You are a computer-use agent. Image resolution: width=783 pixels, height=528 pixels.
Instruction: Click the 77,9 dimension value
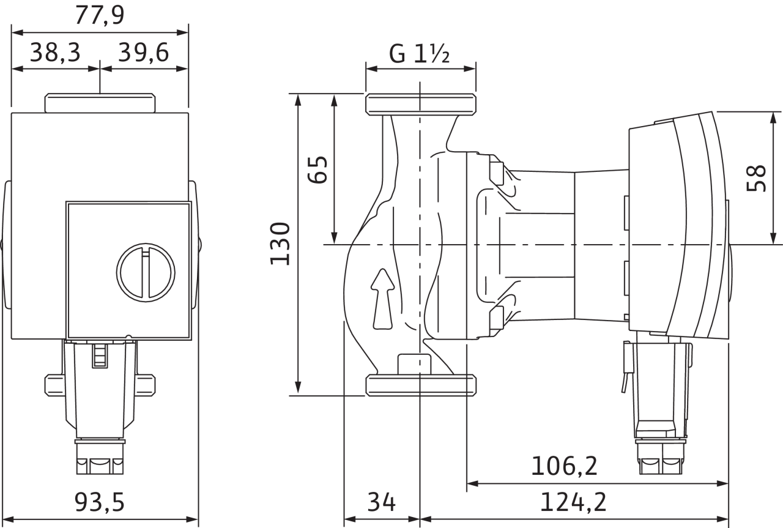click(100, 16)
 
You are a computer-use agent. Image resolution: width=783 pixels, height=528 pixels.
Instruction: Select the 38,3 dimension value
click(55, 53)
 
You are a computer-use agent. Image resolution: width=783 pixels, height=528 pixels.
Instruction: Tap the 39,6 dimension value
click(144, 53)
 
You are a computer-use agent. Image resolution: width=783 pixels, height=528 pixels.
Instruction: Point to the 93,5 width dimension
click(100, 502)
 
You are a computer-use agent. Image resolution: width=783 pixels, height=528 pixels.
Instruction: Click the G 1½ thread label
click(419, 53)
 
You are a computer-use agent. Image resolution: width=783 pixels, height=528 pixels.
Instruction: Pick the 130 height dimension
click(280, 244)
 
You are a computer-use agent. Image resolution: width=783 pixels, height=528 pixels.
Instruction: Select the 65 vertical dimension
click(317, 169)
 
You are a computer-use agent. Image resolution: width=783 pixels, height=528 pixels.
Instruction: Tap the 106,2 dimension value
click(564, 466)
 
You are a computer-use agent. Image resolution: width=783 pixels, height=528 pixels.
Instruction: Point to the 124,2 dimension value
click(573, 502)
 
